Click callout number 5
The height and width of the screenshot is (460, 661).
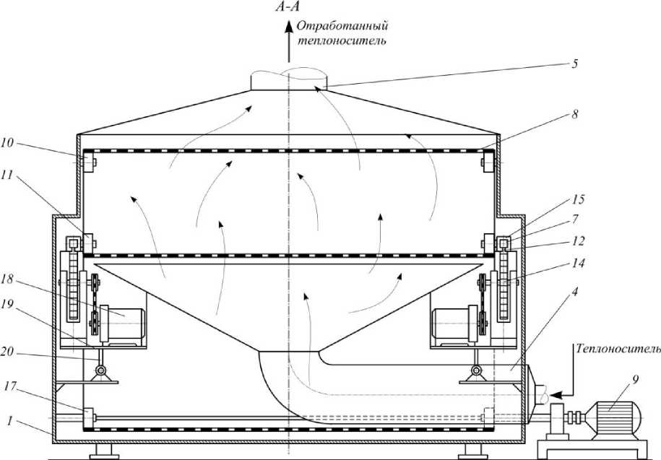point(574,63)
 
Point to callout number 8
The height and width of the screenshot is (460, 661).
point(574,113)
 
